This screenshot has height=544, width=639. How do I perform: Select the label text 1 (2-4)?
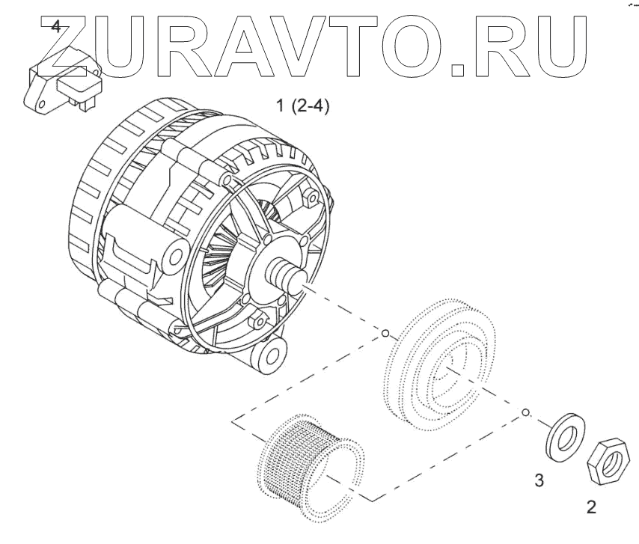tap(303, 106)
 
